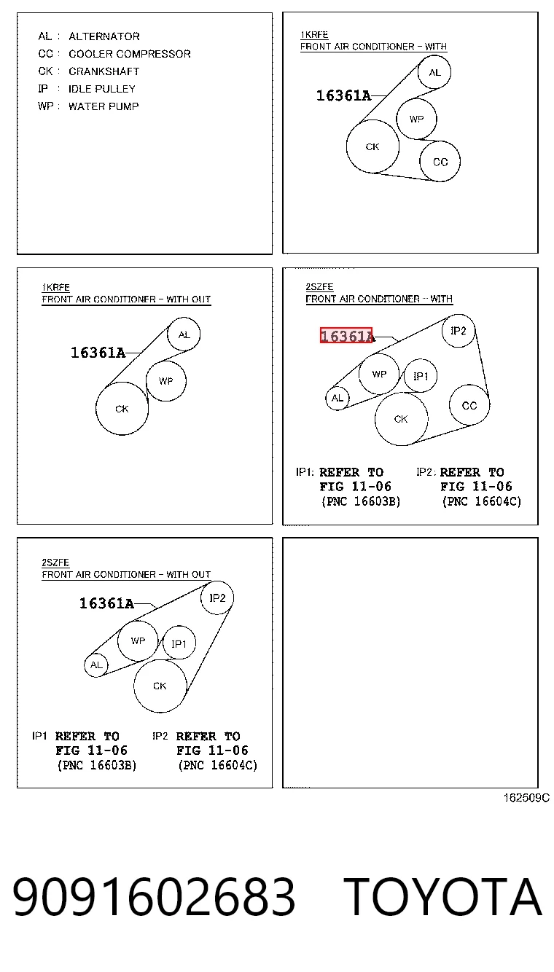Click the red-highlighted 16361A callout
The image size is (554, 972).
(x=346, y=335)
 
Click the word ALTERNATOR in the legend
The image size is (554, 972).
(x=104, y=36)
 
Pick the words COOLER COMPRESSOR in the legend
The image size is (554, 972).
(x=129, y=54)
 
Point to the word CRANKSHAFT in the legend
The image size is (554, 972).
(x=104, y=71)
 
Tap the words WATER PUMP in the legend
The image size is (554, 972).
(x=104, y=106)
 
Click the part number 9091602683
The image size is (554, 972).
(x=154, y=896)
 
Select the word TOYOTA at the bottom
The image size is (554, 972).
(x=442, y=896)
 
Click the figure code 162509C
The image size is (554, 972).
(x=526, y=798)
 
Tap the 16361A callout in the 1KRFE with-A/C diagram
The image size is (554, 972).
(x=343, y=95)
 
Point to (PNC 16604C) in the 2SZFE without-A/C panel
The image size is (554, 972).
(x=217, y=765)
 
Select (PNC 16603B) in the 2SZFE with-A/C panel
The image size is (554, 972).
(x=361, y=501)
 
